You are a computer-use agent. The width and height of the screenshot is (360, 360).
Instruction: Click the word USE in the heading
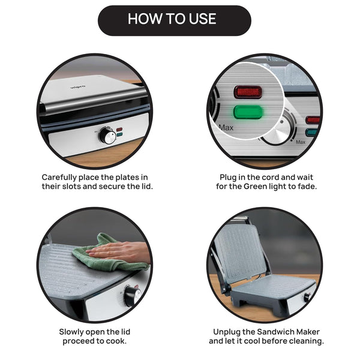tap(202, 19)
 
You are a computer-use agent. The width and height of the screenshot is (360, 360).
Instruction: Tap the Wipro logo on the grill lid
tap(77, 87)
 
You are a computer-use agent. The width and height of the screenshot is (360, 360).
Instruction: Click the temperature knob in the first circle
tap(107, 136)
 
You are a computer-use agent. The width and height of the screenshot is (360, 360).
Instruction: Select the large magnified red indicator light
tap(248, 92)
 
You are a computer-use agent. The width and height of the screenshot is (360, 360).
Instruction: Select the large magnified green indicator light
tap(248, 112)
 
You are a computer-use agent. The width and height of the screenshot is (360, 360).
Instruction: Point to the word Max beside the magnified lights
tap(226, 127)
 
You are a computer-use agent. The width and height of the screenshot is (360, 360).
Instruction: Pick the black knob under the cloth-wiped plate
tap(132, 296)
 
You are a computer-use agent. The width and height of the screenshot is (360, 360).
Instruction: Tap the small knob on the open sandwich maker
tap(307, 298)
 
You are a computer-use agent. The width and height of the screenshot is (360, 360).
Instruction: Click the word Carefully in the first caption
tap(59, 178)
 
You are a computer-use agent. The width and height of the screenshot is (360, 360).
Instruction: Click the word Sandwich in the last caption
tap(275, 332)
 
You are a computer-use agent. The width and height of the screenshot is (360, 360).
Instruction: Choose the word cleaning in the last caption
tap(306, 341)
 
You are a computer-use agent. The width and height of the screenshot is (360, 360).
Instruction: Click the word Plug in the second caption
tap(227, 178)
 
